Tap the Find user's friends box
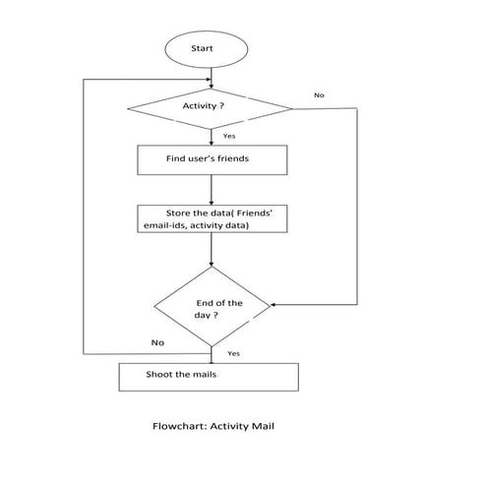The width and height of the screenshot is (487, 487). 212,157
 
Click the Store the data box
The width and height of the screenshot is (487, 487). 212,218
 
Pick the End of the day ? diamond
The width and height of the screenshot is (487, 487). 212,308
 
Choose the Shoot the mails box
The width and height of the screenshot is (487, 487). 208,375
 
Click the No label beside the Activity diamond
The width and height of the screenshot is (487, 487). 318,94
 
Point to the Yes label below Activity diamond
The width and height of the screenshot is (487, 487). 229,136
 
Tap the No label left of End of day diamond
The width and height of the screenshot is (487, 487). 157,342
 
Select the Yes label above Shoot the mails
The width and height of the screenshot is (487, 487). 233,352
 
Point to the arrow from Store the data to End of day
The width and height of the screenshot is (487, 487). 212,250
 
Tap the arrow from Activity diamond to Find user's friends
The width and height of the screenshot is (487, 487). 212,137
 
